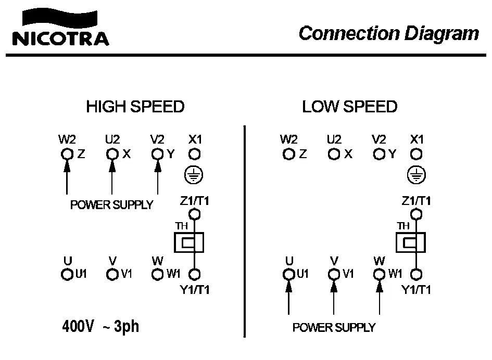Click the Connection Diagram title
pyautogui.click(x=388, y=33)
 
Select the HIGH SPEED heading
pyautogui.click(x=135, y=107)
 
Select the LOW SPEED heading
pyautogui.click(x=349, y=107)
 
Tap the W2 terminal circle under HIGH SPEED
pyautogui.click(x=67, y=154)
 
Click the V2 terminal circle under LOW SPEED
pyautogui.click(x=379, y=154)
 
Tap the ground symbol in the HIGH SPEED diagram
pyautogui.click(x=194, y=176)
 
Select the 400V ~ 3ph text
pyautogui.click(x=100, y=327)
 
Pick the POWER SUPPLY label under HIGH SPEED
pyautogui.click(x=112, y=204)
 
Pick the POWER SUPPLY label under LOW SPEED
pyautogui.click(x=334, y=328)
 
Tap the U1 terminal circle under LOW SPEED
pyautogui.click(x=288, y=274)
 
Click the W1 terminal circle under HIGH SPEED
pyautogui.click(x=157, y=274)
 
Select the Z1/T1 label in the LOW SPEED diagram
pyautogui.click(x=416, y=200)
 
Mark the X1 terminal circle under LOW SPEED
pyautogui.click(x=415, y=154)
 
